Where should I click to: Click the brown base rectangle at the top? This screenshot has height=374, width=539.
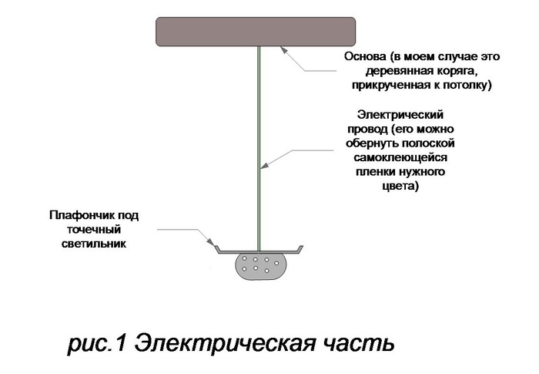point(256,32)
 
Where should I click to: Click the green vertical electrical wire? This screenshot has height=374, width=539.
point(259,148)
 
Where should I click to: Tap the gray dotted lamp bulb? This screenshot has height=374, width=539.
point(261,266)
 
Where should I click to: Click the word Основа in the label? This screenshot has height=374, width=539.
point(367,56)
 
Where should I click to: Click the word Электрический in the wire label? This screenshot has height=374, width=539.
point(400,114)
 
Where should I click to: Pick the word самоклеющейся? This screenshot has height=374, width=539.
point(400,158)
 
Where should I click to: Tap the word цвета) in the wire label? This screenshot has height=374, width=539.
point(400,187)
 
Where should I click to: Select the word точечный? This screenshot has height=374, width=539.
point(94,229)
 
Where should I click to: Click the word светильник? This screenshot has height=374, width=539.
point(94,244)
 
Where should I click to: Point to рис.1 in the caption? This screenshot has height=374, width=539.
point(97,343)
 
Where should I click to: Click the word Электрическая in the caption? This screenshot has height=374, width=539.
point(225,343)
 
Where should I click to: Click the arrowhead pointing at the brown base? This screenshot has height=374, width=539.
point(284,50)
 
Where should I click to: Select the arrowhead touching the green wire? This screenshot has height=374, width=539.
point(264,165)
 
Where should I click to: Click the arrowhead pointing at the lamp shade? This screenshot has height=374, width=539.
point(209,241)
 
